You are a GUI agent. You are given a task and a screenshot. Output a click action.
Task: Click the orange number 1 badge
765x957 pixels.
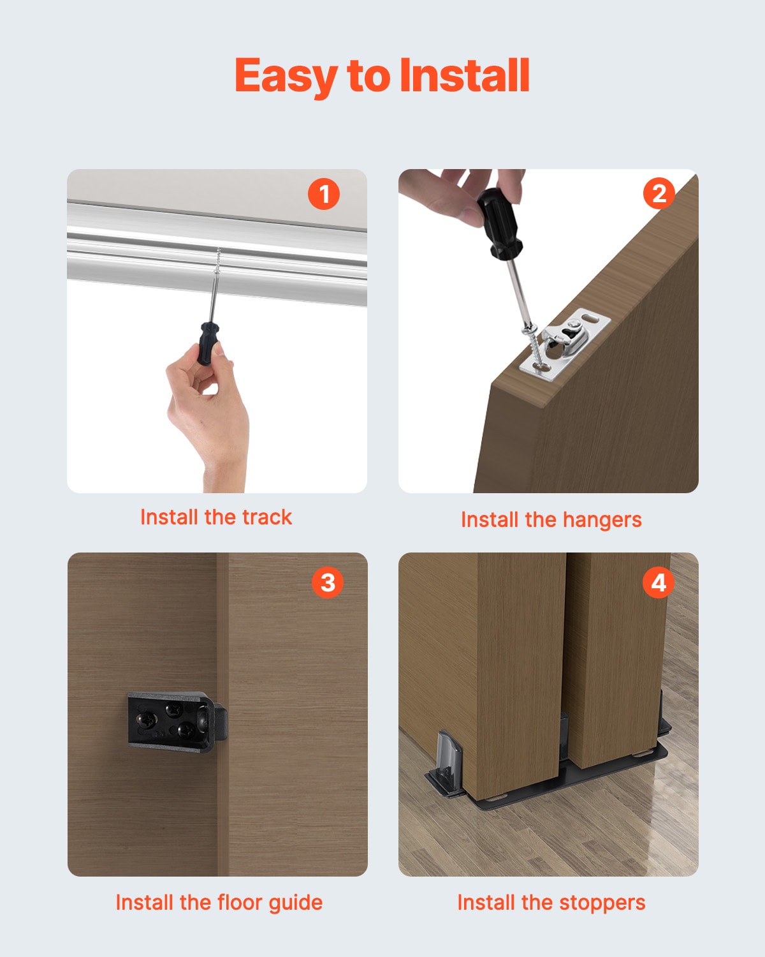click(324, 194)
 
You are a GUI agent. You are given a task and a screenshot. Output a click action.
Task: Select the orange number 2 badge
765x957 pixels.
click(659, 194)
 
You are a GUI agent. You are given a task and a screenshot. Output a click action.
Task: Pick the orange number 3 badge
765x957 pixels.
click(328, 582)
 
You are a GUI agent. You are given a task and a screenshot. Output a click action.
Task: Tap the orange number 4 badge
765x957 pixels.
click(659, 582)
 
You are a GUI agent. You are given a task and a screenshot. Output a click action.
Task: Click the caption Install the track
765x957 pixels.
click(216, 517)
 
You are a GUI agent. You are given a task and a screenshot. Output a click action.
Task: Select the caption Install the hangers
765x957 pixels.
click(551, 519)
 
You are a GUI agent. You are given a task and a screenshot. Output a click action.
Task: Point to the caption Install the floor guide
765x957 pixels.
click(219, 902)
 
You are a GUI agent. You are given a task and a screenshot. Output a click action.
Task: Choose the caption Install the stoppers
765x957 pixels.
click(551, 902)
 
